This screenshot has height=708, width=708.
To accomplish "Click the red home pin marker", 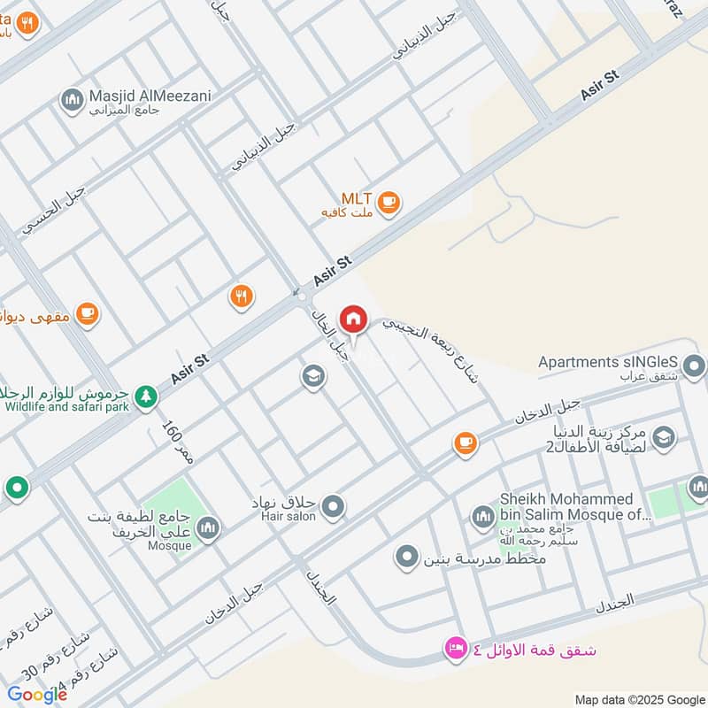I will coord(354,319).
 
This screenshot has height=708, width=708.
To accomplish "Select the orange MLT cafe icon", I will coord(388,204).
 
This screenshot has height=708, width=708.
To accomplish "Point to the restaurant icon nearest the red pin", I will coord(241,296).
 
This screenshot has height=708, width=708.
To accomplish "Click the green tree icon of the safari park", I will coord(146,400).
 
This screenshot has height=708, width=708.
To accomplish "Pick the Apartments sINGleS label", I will coord(608,362).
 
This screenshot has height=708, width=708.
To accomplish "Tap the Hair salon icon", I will coord(333,507).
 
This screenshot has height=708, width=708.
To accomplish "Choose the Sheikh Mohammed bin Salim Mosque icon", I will coord(482,516).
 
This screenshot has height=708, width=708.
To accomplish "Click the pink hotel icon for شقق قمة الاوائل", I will coord(456,650).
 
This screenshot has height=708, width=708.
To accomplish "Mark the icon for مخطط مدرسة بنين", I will coord(406,557).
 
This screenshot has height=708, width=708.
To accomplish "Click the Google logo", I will coord(36,695).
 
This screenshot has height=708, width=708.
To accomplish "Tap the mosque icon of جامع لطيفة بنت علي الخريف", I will coord(208,528).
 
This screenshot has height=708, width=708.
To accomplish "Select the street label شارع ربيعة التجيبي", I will coord(434,350).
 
